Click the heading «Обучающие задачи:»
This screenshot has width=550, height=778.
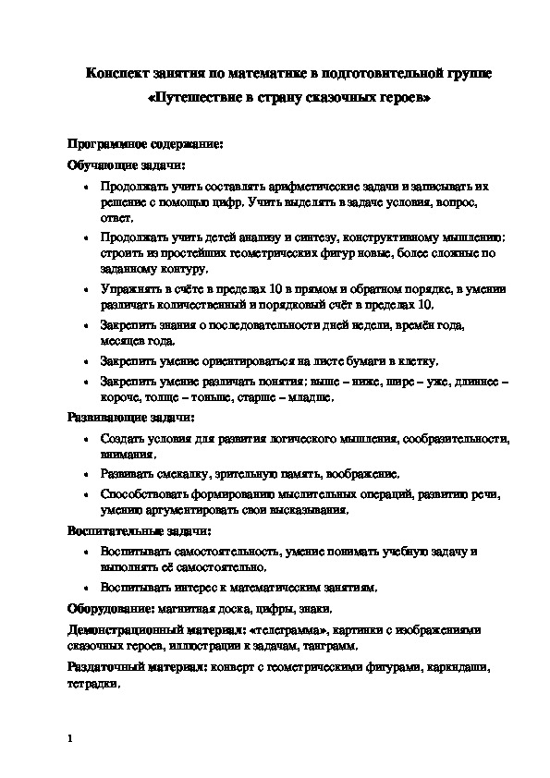click(x=113, y=165)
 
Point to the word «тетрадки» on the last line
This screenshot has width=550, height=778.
click(x=92, y=684)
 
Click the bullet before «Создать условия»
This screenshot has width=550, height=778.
click(x=85, y=437)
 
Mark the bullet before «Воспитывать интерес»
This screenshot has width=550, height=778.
click(x=85, y=587)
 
